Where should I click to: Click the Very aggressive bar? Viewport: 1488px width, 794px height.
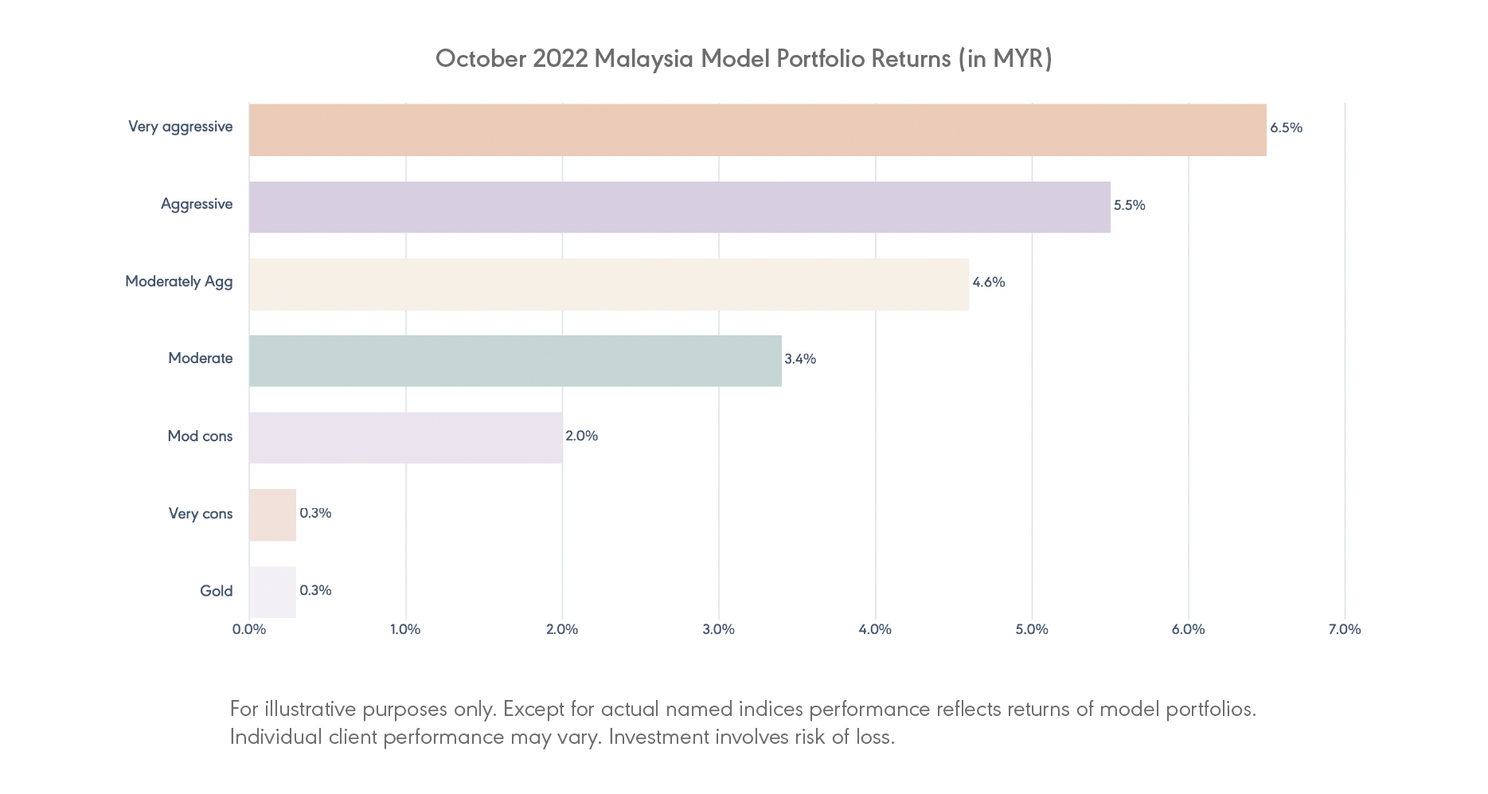tap(757, 130)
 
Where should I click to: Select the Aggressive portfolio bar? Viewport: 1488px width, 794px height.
tap(679, 207)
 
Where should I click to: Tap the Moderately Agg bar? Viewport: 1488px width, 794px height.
tap(609, 284)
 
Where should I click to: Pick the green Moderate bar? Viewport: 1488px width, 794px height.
tap(515, 361)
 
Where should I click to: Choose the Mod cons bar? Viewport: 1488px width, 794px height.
tap(405, 437)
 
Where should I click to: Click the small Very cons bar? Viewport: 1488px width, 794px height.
tap(272, 514)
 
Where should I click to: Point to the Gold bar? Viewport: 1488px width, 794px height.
tap(272, 592)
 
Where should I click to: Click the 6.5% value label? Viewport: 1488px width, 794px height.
tap(1286, 127)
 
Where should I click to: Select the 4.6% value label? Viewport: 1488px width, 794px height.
tap(988, 282)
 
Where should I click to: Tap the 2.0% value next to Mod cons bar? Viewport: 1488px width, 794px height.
tap(581, 436)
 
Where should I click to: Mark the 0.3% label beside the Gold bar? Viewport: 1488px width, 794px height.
tap(315, 590)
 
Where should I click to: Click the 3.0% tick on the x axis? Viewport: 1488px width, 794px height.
tap(718, 629)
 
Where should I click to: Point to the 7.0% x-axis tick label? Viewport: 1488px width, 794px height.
tap(1344, 629)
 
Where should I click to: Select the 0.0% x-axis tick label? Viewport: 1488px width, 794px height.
tap(249, 629)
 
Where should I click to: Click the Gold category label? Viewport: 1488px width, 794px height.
tap(216, 591)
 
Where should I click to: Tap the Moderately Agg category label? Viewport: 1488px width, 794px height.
tap(178, 281)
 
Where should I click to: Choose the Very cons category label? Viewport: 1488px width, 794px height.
tap(201, 514)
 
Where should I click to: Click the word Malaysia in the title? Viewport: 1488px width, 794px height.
tap(643, 59)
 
